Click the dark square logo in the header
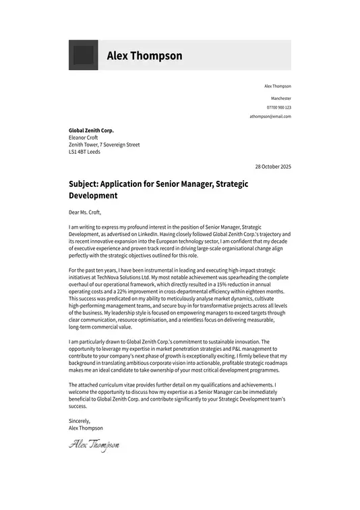point(83,55)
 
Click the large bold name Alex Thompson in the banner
point(144,55)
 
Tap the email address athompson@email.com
point(270,117)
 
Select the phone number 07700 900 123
point(278,107)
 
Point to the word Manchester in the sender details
point(280,98)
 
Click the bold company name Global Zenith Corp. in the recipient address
point(91,130)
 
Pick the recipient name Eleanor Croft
point(84,138)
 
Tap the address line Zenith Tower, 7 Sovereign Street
point(104,144)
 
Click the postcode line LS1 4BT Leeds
point(84,152)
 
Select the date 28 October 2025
point(273,166)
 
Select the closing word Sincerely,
point(80,421)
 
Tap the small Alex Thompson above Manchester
point(277,86)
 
